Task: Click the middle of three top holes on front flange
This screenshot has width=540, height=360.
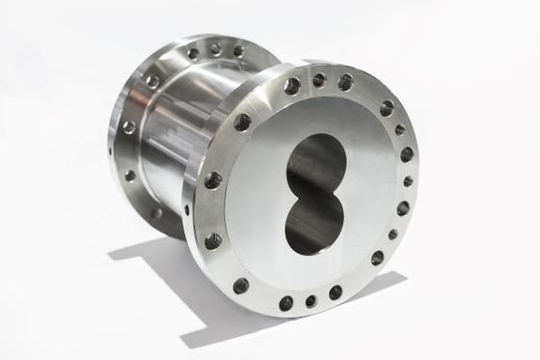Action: [x=318, y=80]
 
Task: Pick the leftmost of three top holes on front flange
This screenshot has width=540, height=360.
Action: [x=291, y=86]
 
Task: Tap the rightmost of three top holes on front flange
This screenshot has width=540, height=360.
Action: [x=344, y=83]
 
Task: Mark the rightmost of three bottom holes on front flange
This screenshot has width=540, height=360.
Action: [x=335, y=292]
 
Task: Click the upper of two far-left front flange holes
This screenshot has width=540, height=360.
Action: [x=212, y=180]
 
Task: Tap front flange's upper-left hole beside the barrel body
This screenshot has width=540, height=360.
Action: [x=242, y=122]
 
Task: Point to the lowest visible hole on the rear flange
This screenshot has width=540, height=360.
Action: [x=157, y=212]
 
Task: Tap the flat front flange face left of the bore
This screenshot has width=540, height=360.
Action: [x=260, y=193]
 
